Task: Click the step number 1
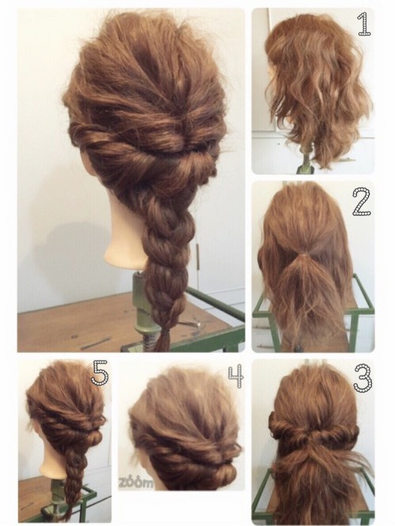coord(364,24)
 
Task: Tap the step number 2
coord(362,202)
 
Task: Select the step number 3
coord(363,378)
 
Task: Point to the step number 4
coord(236,377)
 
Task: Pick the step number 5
coord(100,372)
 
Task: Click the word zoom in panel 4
coord(135,482)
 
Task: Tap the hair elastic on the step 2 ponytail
coord(302,255)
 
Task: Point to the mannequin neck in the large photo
coord(125,235)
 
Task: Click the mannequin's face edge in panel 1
coord(272,72)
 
